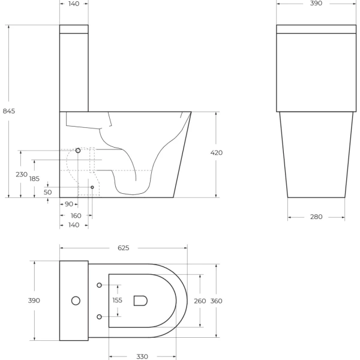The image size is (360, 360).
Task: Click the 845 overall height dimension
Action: pyautogui.click(x=9, y=111)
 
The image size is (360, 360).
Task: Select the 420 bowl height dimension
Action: pyautogui.click(x=217, y=153)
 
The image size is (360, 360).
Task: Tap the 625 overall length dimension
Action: pyautogui.click(x=124, y=248)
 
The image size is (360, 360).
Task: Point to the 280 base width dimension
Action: pyautogui.click(x=316, y=217)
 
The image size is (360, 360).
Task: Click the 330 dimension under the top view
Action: pyautogui.click(x=142, y=356)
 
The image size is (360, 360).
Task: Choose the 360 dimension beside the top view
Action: pyautogui.click(x=217, y=301)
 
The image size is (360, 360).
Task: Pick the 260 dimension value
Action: pyautogui.click(x=200, y=301)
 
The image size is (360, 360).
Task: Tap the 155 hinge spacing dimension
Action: pyautogui.click(x=118, y=301)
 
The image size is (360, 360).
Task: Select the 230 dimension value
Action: pyautogui.click(x=21, y=175)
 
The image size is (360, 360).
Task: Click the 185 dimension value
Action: pyautogui.click(x=34, y=179)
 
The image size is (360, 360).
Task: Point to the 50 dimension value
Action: pyautogui.click(x=48, y=192)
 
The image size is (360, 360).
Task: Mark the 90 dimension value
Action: pyautogui.click(x=69, y=205)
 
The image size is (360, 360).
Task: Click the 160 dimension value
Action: pyautogui.click(x=76, y=215)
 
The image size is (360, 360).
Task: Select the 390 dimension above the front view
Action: pyautogui.click(x=316, y=4)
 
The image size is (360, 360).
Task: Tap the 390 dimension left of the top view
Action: pyautogui.click(x=34, y=301)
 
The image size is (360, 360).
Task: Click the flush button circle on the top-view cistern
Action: pyautogui.click(x=76, y=300)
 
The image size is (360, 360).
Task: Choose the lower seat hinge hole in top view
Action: pyautogui.click(x=99, y=316)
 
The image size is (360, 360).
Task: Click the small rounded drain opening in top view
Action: pyautogui.click(x=141, y=301)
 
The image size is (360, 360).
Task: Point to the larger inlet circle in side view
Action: pyautogui.click(x=78, y=151)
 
